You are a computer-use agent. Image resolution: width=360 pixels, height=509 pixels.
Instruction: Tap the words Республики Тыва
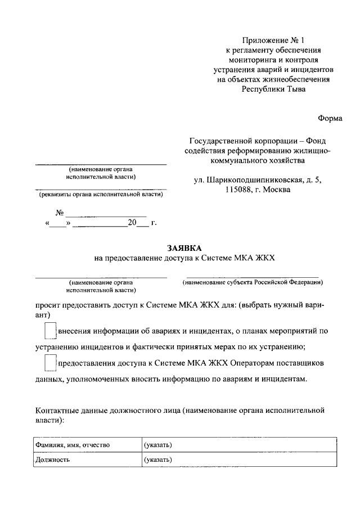tap(273, 89)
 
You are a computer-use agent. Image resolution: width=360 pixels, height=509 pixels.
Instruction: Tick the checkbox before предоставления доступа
tap(51, 363)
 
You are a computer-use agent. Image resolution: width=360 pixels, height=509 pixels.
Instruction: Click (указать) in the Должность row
tap(158, 460)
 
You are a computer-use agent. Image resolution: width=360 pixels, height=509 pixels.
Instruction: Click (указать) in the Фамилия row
tap(158, 445)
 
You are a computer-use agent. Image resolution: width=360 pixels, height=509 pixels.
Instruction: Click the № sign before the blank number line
tap(60, 213)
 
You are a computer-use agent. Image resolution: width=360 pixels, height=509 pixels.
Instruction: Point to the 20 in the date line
tap(132, 223)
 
